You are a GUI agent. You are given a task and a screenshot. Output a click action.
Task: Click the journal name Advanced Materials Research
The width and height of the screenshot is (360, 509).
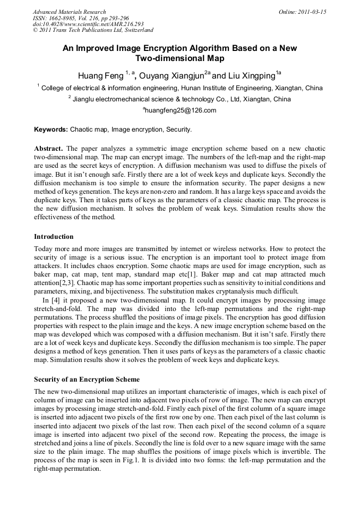click(x=70, y=12)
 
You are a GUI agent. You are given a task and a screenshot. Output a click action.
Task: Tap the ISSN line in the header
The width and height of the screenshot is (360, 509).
click(x=81, y=18)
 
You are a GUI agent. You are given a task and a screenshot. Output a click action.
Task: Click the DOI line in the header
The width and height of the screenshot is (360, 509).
click(x=88, y=24)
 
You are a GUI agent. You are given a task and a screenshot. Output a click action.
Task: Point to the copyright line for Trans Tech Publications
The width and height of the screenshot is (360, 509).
click(x=93, y=31)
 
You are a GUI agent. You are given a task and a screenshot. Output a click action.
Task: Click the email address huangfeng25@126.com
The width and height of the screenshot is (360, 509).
click(x=179, y=110)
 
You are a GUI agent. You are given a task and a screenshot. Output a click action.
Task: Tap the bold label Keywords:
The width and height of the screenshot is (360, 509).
click(x=51, y=129)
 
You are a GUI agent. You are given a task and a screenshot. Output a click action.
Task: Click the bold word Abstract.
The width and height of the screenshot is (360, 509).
click(x=48, y=148)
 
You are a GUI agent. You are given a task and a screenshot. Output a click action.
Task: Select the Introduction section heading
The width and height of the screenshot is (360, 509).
click(x=54, y=236)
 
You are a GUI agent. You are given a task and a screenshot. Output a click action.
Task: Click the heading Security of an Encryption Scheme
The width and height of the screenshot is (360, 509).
click(x=87, y=379)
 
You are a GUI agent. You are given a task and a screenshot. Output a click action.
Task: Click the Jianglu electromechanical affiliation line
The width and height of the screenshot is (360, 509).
click(x=179, y=99)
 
